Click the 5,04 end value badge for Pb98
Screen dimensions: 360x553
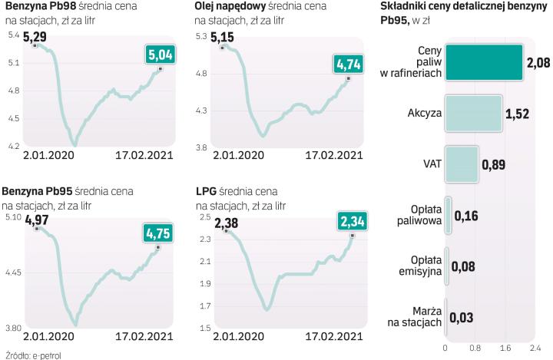pyautogui.click(x=160, y=54)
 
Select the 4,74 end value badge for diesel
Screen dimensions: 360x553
pyautogui.click(x=349, y=64)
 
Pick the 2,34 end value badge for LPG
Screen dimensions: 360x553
pyautogui.click(x=353, y=222)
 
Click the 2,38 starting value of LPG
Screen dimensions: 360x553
pyautogui.click(x=227, y=224)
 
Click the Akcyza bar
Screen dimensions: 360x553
pyautogui.click(x=473, y=114)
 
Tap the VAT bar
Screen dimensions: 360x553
pyautogui.click(x=461, y=164)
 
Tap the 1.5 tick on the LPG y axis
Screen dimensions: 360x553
pyautogui.click(x=205, y=329)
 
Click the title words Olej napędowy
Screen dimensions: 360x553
pyautogui.click(x=230, y=6)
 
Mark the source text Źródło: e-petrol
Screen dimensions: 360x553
pyautogui.click(x=32, y=355)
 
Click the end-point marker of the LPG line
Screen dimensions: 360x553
pyautogui.click(x=352, y=235)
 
